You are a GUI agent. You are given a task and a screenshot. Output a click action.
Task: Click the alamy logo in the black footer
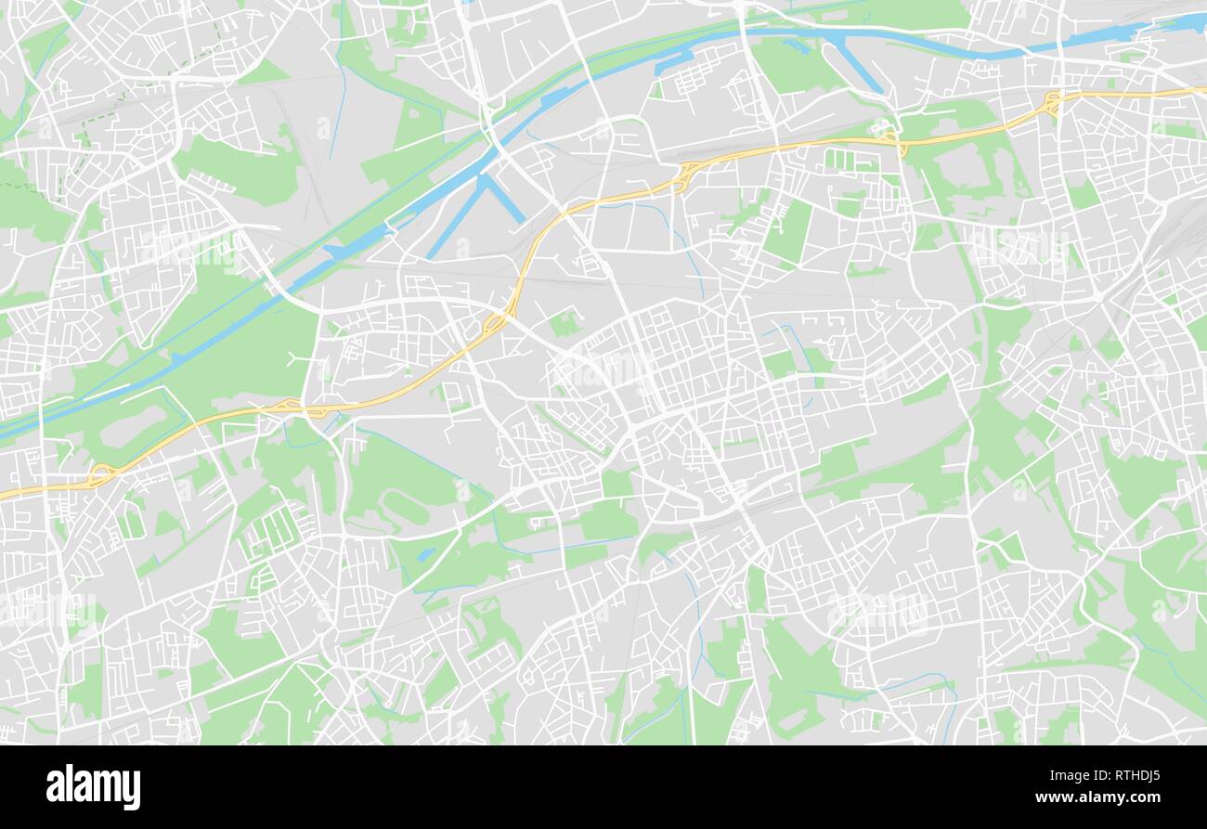click(93, 787)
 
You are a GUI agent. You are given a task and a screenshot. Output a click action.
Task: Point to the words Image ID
click(1077, 774)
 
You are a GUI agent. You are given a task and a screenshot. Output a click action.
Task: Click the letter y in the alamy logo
click(133, 790)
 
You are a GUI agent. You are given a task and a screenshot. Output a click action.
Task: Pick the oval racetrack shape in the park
click(406, 507)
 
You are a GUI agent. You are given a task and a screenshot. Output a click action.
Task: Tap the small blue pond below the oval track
click(425, 554)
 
